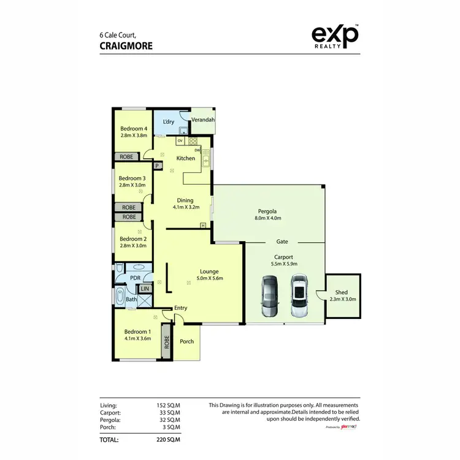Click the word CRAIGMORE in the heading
pyautogui.click(x=126, y=45)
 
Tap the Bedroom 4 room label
pyautogui.click(x=132, y=128)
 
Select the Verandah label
pyautogui.click(x=203, y=120)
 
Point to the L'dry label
pyautogui.click(x=169, y=122)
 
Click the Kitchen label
pyautogui.click(x=186, y=158)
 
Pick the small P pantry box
pyautogui.click(x=157, y=166)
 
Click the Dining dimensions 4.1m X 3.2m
pyautogui.click(x=185, y=207)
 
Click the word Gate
pyautogui.click(x=282, y=242)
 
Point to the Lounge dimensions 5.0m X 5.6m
pyautogui.click(x=209, y=278)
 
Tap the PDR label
pyautogui.click(x=136, y=277)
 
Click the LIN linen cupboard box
pyautogui.click(x=145, y=289)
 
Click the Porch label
pyautogui.click(x=186, y=342)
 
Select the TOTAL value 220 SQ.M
pyautogui.click(x=168, y=440)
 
